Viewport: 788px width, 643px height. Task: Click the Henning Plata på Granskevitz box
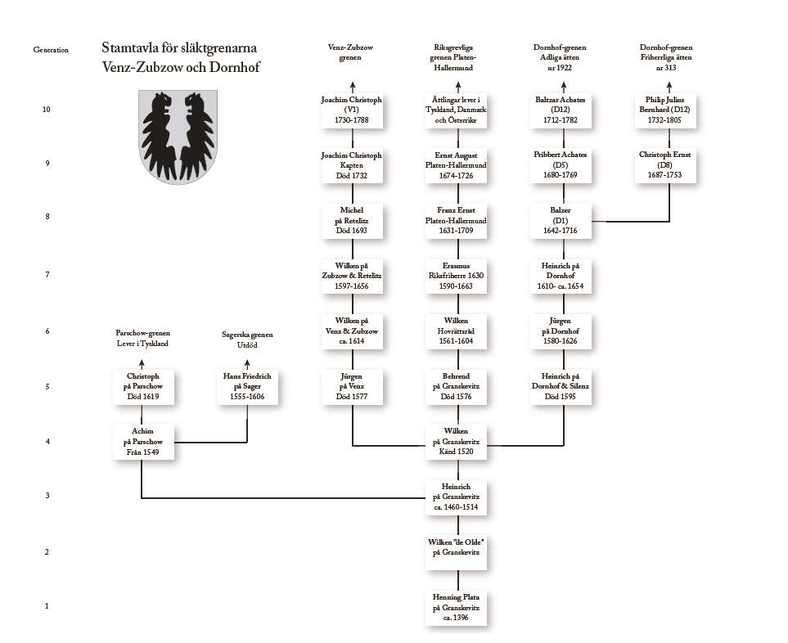coord(456,608)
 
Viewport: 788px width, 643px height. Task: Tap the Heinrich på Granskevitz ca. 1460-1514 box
coord(456,497)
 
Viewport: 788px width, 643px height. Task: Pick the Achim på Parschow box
coord(142,442)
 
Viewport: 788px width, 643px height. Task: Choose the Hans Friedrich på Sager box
coord(246,386)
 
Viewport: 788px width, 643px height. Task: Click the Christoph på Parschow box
coord(142,386)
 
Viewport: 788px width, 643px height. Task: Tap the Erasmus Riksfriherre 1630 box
coord(456,276)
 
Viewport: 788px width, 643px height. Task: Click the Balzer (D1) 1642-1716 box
coord(564,220)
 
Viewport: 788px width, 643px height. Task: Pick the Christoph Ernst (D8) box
coord(670,164)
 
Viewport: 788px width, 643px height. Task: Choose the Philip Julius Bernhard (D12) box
coord(670,110)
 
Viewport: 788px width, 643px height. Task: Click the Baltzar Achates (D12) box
coord(564,110)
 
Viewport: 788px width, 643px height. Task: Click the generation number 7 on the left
coord(47,276)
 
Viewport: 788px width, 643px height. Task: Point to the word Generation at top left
coord(51,50)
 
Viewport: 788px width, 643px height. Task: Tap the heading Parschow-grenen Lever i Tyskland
coord(142,339)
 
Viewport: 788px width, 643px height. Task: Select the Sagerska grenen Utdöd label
coord(246,339)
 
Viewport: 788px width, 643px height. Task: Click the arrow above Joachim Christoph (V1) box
coord(353,85)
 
